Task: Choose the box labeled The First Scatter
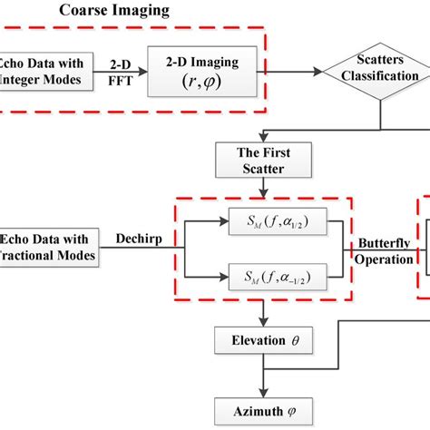click(262, 160)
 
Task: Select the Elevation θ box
click(262, 343)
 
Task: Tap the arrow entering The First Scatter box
click(262, 133)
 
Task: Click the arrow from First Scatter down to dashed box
click(262, 184)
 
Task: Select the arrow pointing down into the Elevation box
click(262, 313)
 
